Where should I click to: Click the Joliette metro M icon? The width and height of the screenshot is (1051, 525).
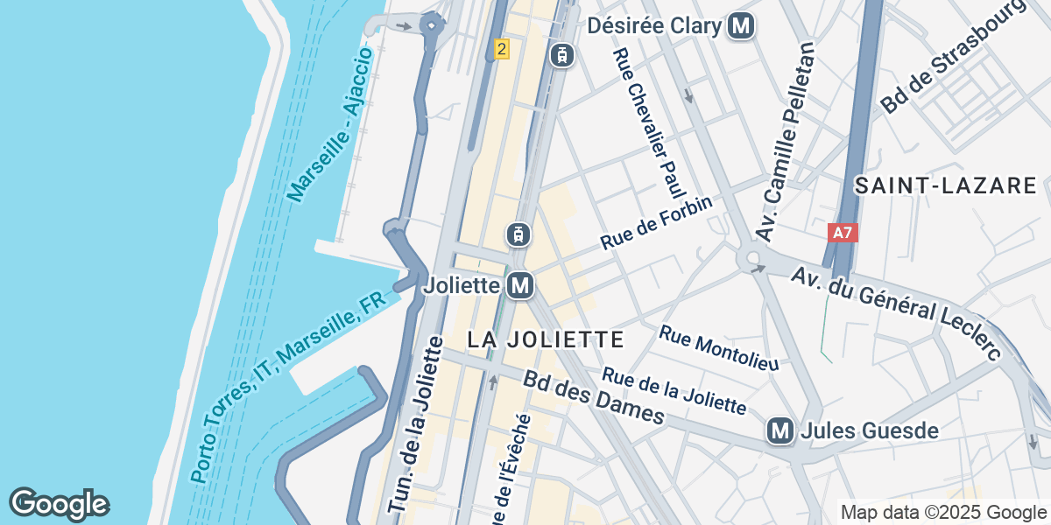point(520,285)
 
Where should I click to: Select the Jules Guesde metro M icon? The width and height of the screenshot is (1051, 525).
point(779,430)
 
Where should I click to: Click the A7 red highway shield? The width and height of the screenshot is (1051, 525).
point(843,234)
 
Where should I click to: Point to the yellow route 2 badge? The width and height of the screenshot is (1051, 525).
point(501,49)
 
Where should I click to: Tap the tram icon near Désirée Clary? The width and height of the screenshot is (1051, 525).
point(561,55)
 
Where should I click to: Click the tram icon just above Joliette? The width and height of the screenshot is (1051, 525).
point(518,234)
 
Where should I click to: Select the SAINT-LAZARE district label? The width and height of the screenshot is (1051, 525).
point(946,185)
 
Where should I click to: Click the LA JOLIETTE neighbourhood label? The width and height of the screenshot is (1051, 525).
point(546,339)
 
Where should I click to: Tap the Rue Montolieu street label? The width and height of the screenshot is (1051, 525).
point(718,347)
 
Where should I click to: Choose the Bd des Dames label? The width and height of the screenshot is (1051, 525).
point(594,397)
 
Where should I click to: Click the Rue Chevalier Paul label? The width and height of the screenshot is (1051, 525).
point(648,122)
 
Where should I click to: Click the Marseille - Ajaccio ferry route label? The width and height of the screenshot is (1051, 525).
point(331,125)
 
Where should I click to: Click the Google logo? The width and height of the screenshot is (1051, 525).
point(60,504)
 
